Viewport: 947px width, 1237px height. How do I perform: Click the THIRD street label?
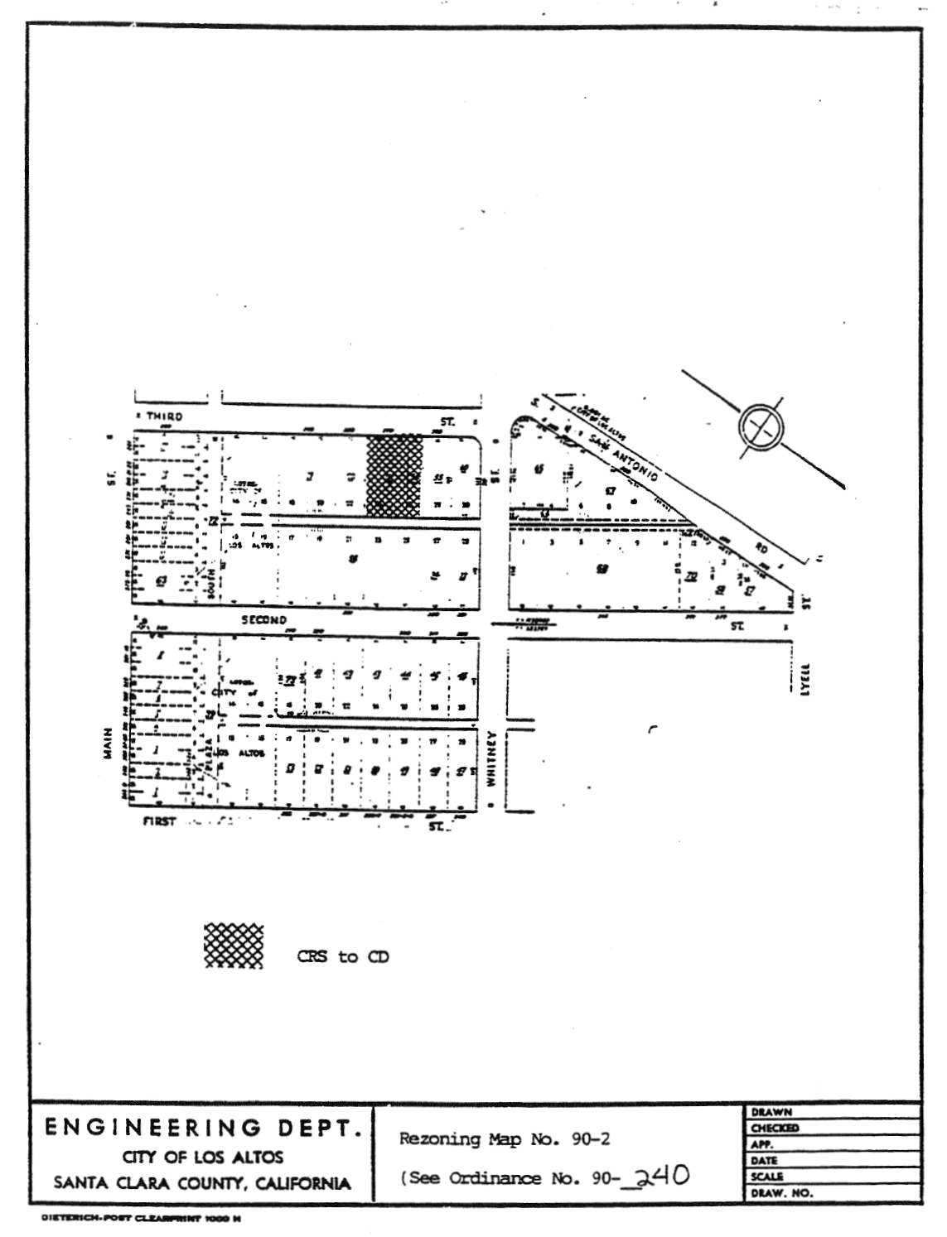[164, 416]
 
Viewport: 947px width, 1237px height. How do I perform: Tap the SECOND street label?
[263, 620]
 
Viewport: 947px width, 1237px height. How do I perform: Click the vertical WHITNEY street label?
[491, 759]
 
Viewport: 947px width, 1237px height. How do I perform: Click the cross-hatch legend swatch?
[233, 945]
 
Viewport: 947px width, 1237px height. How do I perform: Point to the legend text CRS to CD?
[343, 957]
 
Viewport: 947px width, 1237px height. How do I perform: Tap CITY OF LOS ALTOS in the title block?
[204, 1157]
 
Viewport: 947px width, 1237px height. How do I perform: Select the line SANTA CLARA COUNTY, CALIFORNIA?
[202, 1184]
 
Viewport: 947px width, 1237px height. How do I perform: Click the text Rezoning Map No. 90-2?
[505, 1139]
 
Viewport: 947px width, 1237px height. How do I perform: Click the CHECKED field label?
[775, 1128]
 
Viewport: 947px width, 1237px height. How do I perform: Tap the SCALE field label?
[767, 1177]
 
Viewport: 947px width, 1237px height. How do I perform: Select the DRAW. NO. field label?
[780, 1193]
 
